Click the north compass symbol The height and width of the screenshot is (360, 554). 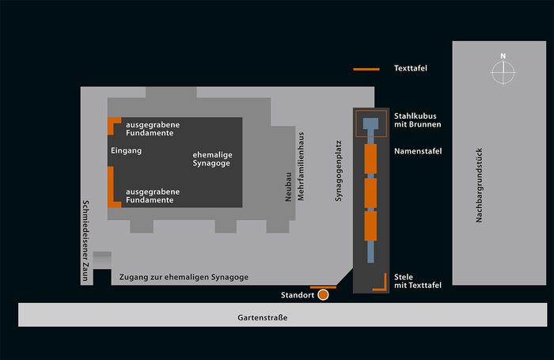click(502, 71)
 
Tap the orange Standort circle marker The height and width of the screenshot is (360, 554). click(323, 295)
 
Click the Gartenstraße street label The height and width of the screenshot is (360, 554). click(262, 318)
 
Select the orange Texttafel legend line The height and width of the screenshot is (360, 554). click(366, 70)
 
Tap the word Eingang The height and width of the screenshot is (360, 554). click(125, 150)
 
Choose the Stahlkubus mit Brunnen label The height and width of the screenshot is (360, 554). click(417, 120)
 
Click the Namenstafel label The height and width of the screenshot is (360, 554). click(417, 151)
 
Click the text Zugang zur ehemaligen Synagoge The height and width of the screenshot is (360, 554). click(184, 277)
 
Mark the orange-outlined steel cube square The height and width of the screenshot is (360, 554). click(370, 125)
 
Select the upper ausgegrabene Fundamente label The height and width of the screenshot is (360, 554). click(153, 130)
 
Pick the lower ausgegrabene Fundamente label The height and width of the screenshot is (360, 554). click(153, 195)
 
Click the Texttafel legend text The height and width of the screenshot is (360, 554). click(410, 69)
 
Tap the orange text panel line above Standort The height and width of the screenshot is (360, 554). click(323, 287)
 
